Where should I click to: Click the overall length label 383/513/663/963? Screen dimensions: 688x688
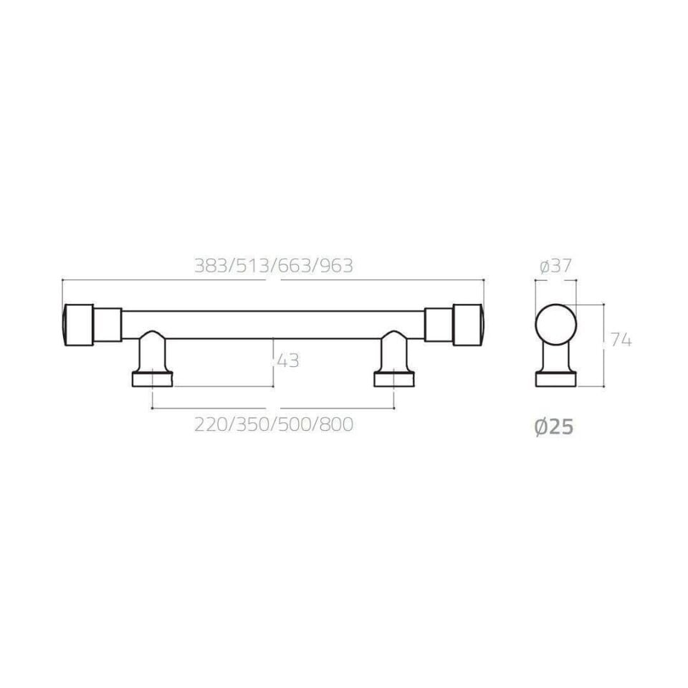click(x=274, y=266)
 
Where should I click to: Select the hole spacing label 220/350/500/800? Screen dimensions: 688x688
click(x=274, y=424)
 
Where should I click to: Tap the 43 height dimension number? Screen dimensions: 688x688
click(x=287, y=361)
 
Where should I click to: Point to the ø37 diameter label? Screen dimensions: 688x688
click(x=555, y=267)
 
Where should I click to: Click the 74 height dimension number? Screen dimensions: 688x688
click(x=620, y=341)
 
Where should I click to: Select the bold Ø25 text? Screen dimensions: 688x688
click(x=554, y=428)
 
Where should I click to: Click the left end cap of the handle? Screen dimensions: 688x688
click(x=77, y=325)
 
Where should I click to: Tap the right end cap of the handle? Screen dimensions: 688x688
click(x=469, y=325)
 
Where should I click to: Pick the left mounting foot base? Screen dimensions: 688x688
click(x=153, y=378)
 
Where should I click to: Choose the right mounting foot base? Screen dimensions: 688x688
click(x=394, y=378)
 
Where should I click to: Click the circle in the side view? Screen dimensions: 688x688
click(x=555, y=325)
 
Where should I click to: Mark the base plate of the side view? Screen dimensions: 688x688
click(x=555, y=379)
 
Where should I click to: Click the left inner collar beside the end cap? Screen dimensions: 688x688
click(x=107, y=325)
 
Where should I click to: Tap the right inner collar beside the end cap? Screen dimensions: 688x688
click(x=439, y=325)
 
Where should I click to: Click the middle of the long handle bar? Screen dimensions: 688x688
click(x=273, y=325)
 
